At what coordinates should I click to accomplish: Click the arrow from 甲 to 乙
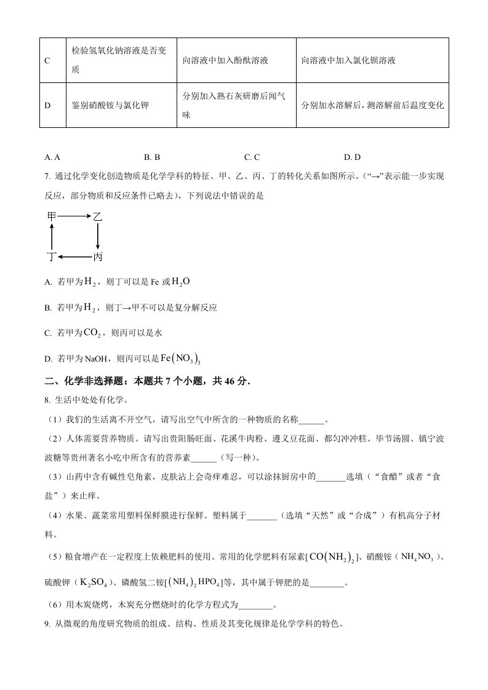[74, 216]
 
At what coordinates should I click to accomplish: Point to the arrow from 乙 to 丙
[98, 236]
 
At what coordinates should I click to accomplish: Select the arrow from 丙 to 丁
[74, 256]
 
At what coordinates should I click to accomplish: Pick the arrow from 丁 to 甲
[52, 236]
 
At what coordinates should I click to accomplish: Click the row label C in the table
[47, 60]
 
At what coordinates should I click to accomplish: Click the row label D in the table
[47, 105]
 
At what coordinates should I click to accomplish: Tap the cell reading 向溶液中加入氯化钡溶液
[348, 60]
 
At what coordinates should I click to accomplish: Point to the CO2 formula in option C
[91, 333]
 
